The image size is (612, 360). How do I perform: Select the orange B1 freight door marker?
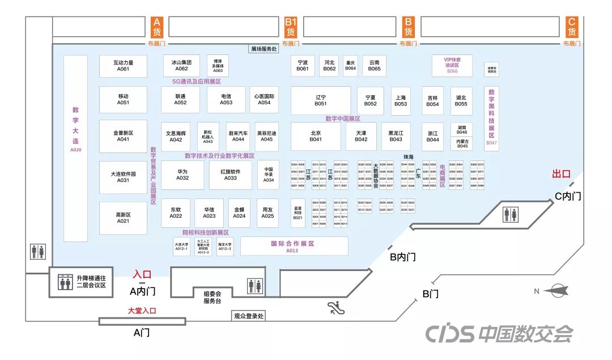pos(291,27)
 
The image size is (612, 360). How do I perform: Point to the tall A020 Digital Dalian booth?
pos(76,148)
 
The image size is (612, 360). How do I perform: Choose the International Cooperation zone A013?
pos(294,246)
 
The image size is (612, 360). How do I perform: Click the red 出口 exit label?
pos(561,174)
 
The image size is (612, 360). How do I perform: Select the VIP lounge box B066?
pos(452,65)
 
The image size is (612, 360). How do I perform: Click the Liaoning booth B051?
pos(320,100)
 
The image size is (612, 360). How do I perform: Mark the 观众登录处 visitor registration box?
pos(249,316)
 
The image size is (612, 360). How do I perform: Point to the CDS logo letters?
pos(449,334)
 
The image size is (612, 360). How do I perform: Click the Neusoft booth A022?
pos(176,213)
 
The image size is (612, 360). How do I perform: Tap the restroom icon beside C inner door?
pos(509,215)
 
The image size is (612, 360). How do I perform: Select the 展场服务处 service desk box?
pos(263,49)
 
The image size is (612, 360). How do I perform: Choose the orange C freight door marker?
pos(571,27)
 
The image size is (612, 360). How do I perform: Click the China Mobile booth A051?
pos(124,100)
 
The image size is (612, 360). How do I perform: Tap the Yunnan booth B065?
pos(374,66)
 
